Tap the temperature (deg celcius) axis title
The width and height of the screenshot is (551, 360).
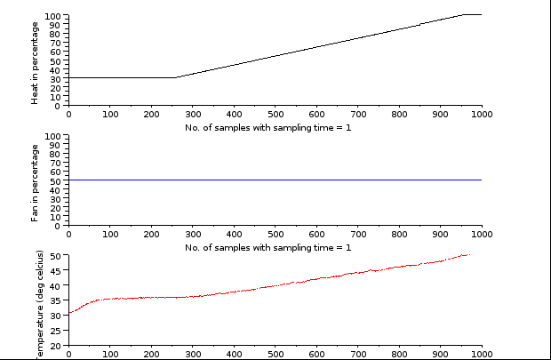point(39,307)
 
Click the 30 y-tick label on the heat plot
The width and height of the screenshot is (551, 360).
point(55,78)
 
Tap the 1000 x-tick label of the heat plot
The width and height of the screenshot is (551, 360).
point(482,114)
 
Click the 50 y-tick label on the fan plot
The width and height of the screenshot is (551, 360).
point(55,181)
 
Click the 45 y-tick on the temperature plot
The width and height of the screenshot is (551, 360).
point(55,271)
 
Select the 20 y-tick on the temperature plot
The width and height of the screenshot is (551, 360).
point(55,346)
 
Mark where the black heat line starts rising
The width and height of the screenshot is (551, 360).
point(175,77)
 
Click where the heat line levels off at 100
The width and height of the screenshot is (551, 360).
point(464,14)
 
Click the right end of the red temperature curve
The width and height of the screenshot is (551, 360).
point(469,254)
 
